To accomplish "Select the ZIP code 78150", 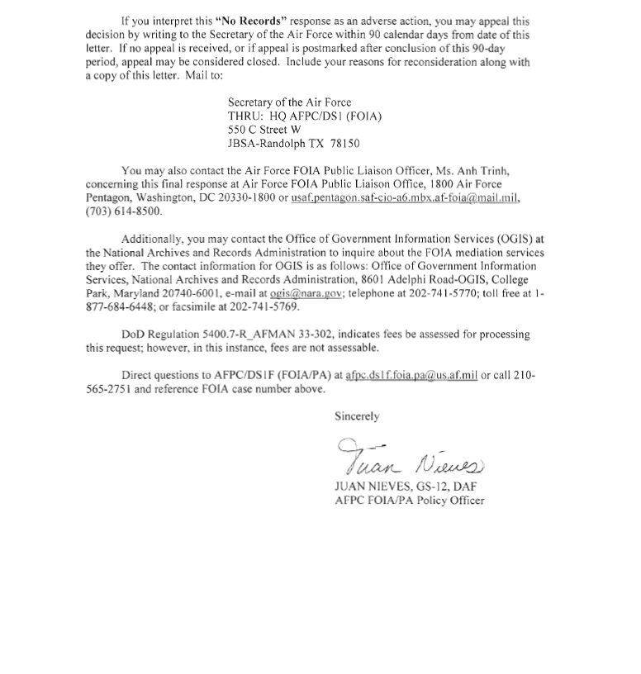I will pyautogui.click(x=344, y=143).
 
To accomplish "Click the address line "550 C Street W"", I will pyautogui.click(x=264, y=130).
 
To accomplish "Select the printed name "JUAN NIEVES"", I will pyautogui.click(x=369, y=487).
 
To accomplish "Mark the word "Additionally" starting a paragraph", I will pyautogui.click(x=152, y=240).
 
